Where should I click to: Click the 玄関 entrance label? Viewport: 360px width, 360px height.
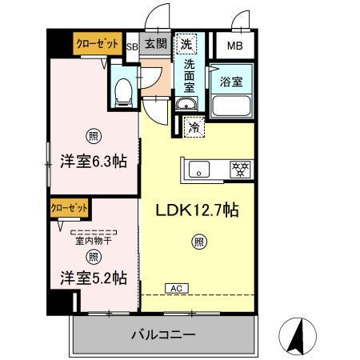156,44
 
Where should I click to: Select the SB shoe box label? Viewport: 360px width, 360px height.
133,47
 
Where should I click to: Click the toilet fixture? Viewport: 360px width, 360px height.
123,93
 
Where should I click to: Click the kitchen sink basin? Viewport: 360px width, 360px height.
199,169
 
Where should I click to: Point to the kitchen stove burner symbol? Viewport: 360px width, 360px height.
238,168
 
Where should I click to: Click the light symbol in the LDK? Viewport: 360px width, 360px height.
197,241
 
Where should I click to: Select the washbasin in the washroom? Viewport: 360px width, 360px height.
185,106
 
